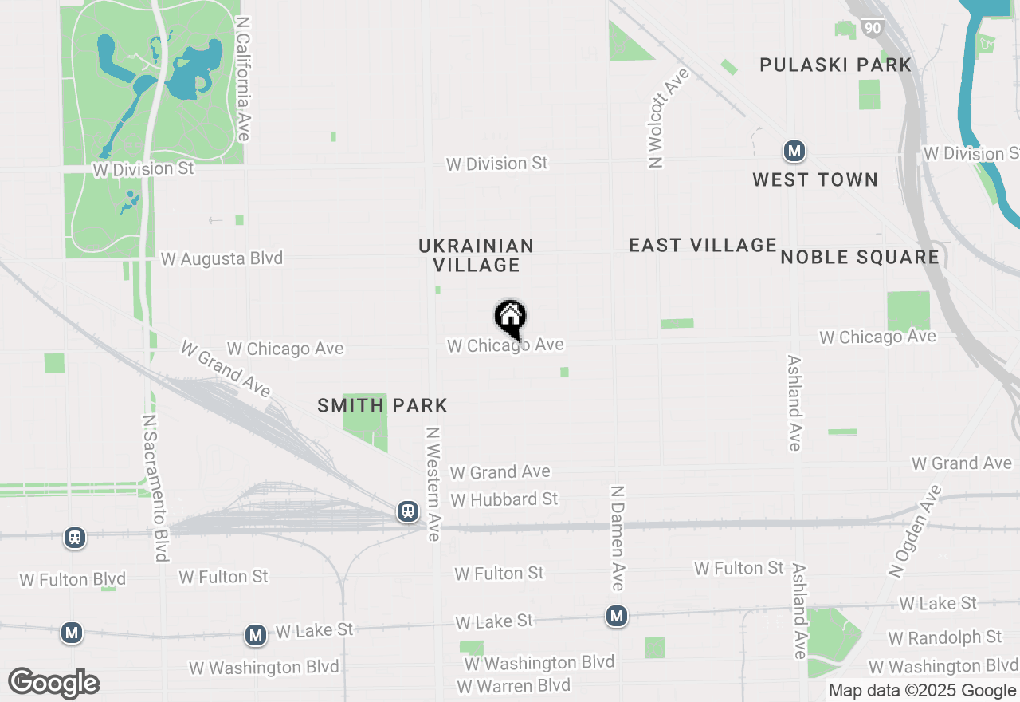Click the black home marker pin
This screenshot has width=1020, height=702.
click(x=510, y=318)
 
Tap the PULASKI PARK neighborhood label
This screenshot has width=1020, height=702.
click(x=835, y=65)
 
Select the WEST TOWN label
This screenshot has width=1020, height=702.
click(x=815, y=179)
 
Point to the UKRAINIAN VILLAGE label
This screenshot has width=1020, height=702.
click(x=477, y=255)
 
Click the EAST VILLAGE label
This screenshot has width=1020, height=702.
click(x=703, y=245)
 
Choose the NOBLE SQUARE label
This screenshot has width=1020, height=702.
click(x=860, y=257)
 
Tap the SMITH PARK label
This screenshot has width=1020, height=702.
click(x=382, y=405)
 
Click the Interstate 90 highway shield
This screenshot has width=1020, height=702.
click(x=873, y=29)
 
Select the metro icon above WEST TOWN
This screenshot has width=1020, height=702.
click(x=794, y=150)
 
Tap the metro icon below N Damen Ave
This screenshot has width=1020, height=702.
click(x=616, y=616)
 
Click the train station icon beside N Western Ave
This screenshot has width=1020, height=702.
click(x=408, y=511)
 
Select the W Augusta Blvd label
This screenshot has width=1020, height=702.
click(x=222, y=259)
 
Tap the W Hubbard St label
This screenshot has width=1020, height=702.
click(x=504, y=499)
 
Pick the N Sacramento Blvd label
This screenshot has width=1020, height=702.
click(x=155, y=487)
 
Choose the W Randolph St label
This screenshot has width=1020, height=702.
click(x=944, y=637)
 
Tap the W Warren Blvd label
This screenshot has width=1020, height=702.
click(x=513, y=686)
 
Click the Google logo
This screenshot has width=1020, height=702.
click(x=54, y=683)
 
